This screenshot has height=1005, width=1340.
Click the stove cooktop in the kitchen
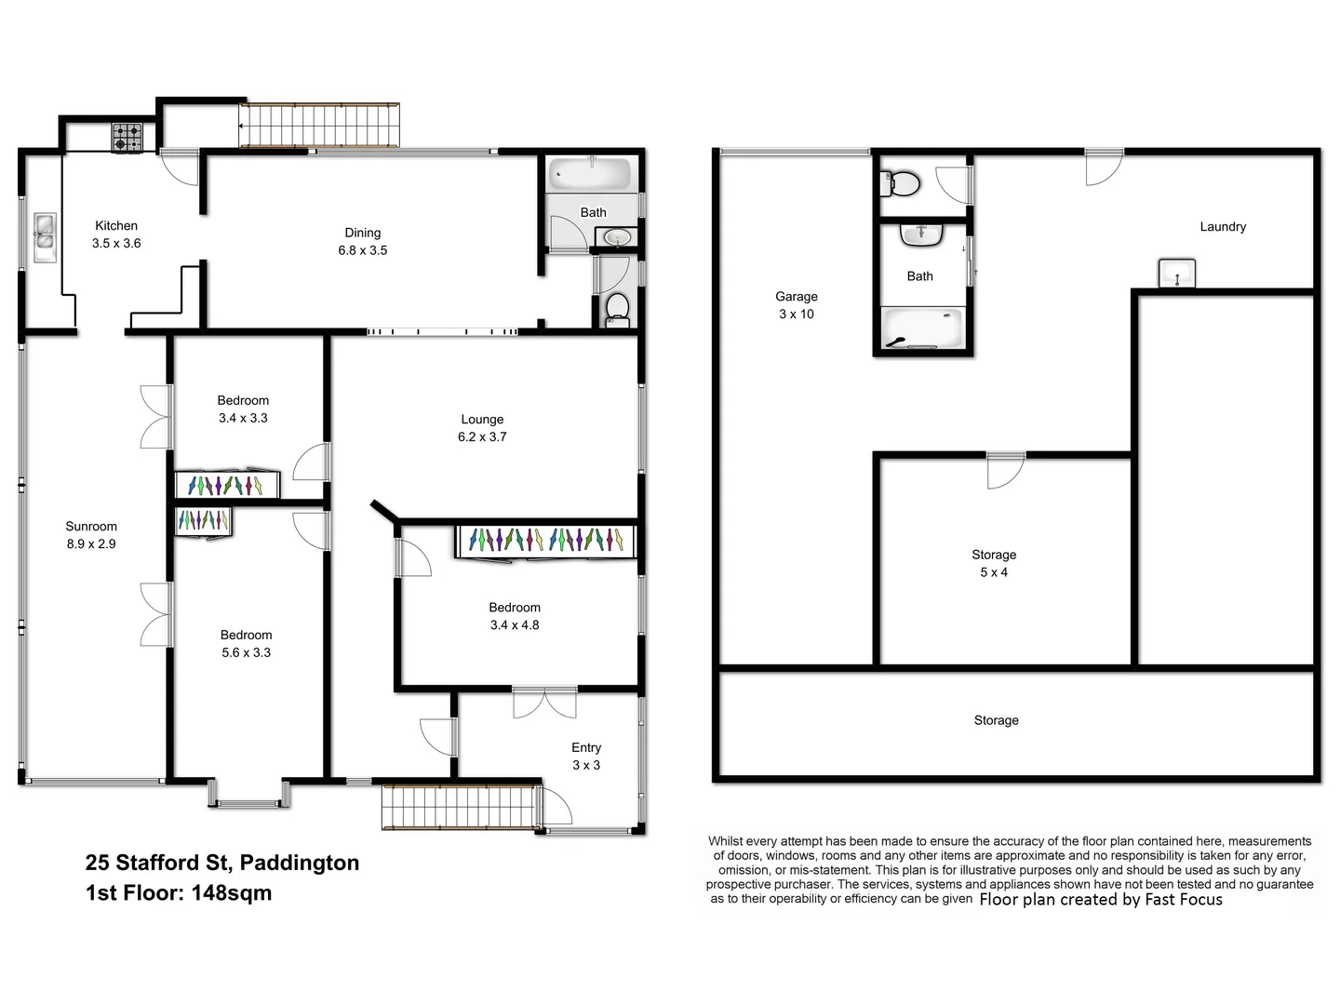(127, 138)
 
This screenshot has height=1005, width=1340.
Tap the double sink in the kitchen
(45, 237)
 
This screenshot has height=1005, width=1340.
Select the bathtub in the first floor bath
(591, 174)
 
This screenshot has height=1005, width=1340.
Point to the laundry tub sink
(1176, 274)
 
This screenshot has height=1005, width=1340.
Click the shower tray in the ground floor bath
(922, 329)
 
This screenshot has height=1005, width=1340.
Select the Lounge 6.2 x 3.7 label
(482, 428)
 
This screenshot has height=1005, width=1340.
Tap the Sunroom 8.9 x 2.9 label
(91, 535)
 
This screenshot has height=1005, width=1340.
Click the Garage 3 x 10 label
(797, 305)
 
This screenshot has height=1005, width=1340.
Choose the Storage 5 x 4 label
(994, 563)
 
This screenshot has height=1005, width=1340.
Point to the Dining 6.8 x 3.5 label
(363, 241)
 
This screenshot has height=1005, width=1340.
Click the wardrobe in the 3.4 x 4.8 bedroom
(545, 541)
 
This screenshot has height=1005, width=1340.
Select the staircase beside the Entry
(460, 806)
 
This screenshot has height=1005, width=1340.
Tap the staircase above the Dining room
(319, 125)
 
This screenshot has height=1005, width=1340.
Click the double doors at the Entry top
(544, 703)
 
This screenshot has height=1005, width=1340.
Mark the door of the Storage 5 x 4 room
(1005, 470)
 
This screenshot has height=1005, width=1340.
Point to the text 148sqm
(232, 893)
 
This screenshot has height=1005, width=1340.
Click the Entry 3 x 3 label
(586, 757)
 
